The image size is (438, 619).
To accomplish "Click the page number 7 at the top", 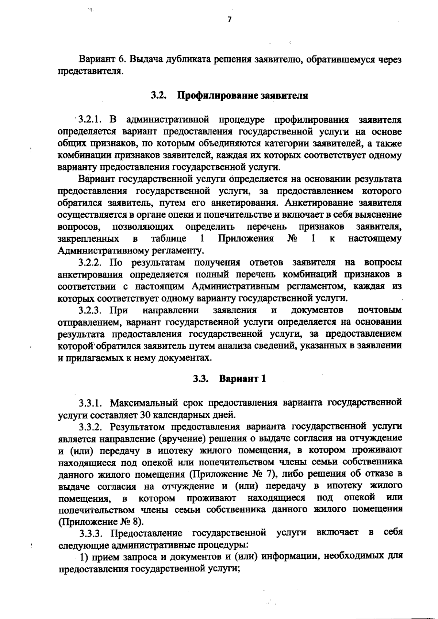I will pyautogui.click(x=230, y=20).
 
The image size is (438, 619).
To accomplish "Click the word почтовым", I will pyautogui.click(x=380, y=310).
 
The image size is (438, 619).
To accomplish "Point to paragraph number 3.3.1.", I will pyautogui.click(x=92, y=403).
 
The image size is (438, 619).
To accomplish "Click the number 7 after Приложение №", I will pyautogui.click(x=270, y=474).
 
